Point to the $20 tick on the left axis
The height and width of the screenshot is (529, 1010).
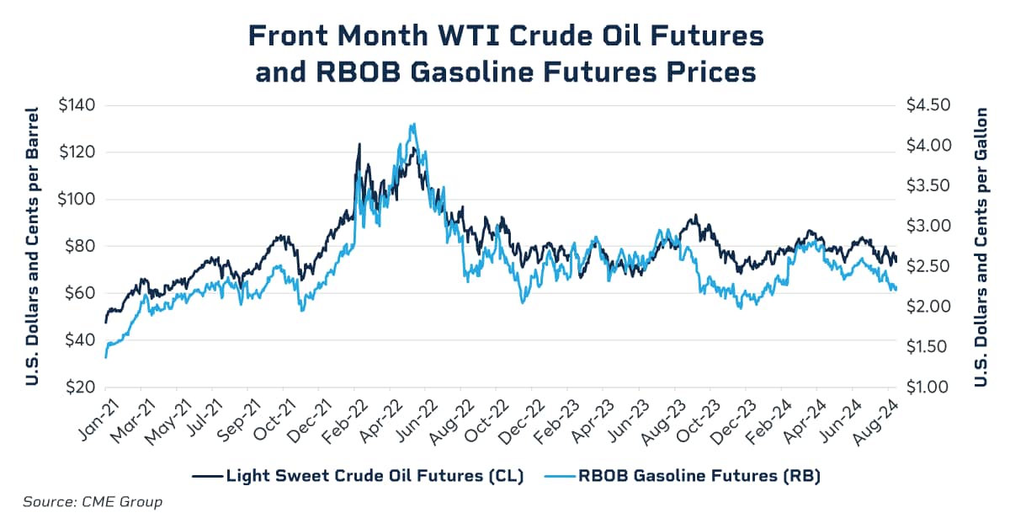click(x=77, y=387)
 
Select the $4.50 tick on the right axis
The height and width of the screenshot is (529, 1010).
click(x=928, y=105)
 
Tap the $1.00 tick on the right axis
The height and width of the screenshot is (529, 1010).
click(x=928, y=387)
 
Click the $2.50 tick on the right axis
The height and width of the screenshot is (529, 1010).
click(x=928, y=266)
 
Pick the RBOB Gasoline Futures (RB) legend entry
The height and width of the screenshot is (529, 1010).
click(x=699, y=476)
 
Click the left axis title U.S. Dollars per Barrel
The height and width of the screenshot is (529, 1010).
click(x=33, y=246)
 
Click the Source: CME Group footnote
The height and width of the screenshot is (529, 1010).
click(x=92, y=502)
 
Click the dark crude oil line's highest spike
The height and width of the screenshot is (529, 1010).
click(x=359, y=144)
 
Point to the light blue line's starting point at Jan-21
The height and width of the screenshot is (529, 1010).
click(x=105, y=357)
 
